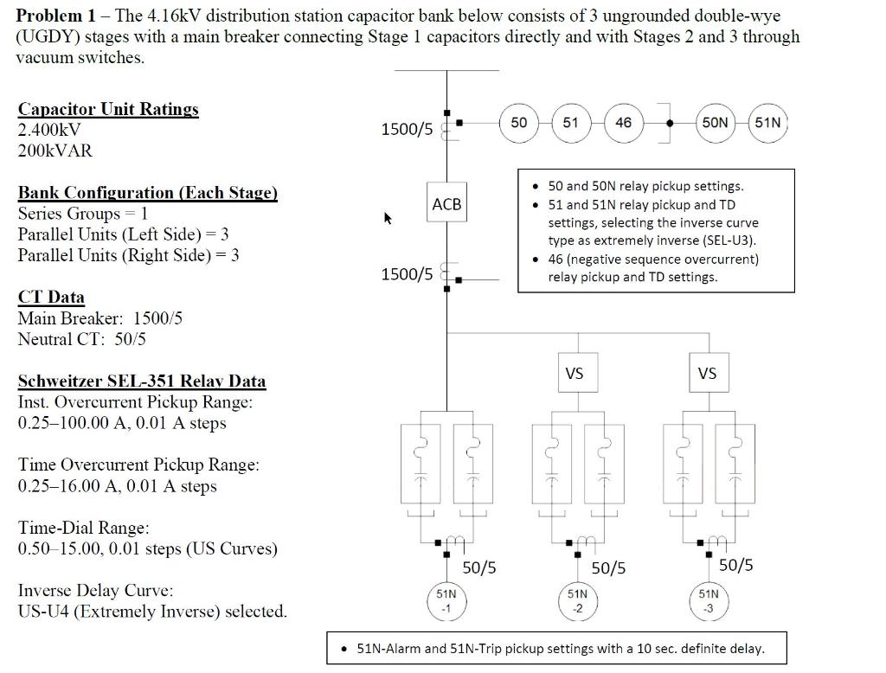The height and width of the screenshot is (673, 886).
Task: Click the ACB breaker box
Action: coord(446,204)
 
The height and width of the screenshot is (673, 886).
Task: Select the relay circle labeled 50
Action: coord(518,123)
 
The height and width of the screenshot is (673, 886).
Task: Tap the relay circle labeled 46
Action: coord(623,123)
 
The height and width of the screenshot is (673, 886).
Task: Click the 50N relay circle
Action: coord(715,123)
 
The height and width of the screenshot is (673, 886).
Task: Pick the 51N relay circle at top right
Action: coord(767,123)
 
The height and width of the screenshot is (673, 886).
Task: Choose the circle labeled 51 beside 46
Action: coord(570,123)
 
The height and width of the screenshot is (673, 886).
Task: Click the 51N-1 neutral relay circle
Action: coord(446,600)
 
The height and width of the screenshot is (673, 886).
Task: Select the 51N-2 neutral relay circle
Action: coord(577,600)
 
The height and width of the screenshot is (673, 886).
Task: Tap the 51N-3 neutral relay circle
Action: coord(708,600)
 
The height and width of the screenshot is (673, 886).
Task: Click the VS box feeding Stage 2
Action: coord(575,374)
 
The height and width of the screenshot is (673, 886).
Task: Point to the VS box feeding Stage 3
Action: coord(707,374)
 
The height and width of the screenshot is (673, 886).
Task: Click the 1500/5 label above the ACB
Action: coord(407,130)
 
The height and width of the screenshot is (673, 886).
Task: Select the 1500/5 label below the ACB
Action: coord(407,274)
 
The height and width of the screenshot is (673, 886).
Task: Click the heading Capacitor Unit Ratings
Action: coord(108,109)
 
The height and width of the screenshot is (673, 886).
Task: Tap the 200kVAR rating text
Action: coord(55,151)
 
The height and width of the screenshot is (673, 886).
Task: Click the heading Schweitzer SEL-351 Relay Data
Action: coord(142,381)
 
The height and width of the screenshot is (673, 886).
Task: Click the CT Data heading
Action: coord(51,298)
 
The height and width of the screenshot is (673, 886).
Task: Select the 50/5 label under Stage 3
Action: coord(735,566)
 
